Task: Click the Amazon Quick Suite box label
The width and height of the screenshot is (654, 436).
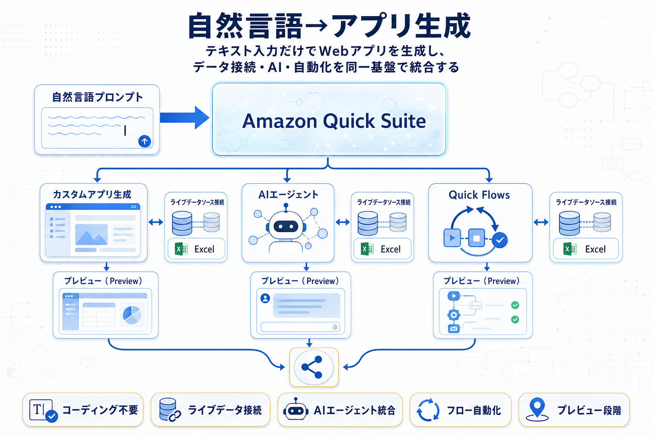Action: tap(334, 121)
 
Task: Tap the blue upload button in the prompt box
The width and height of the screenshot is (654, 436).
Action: tap(145, 141)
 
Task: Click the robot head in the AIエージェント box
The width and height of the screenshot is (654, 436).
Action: tap(286, 226)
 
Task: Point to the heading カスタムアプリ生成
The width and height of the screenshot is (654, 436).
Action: tap(92, 195)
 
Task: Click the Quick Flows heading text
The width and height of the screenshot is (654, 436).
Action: tap(479, 195)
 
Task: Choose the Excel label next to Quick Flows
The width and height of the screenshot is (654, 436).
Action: tap(595, 249)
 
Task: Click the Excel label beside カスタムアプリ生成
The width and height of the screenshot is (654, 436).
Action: tap(204, 249)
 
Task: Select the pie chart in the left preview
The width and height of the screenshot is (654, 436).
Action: tap(132, 315)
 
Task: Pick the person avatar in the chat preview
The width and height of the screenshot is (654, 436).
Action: tap(265, 298)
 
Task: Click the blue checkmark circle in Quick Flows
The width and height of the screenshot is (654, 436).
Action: tap(500, 240)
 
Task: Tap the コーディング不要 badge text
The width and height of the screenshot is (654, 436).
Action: tap(100, 410)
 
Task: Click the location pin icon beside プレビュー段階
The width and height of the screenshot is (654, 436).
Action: tap(537, 409)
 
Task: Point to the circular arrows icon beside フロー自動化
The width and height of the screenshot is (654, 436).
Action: tap(427, 410)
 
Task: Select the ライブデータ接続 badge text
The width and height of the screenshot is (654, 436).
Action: tap(225, 410)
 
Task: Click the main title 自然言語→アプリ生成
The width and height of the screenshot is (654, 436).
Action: tap(329, 26)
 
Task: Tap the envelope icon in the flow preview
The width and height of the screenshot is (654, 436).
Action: tap(453, 329)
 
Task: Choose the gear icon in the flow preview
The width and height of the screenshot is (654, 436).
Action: tap(453, 315)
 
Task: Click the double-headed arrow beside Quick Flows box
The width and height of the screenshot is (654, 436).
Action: tap(541, 222)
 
